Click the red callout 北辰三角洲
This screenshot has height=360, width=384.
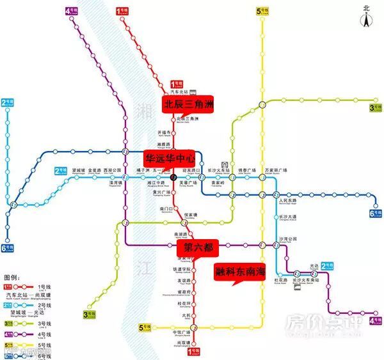point(189,103)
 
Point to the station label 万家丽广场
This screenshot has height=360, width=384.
point(276,171)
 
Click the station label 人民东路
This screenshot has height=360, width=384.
point(289,201)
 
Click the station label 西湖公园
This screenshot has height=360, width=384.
point(112,171)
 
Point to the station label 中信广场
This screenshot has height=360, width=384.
point(182,333)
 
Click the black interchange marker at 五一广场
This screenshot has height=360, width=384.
point(173,176)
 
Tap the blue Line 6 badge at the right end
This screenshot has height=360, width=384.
point(374,214)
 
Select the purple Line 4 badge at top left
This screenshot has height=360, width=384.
point(72,11)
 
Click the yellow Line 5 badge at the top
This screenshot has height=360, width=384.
point(262,11)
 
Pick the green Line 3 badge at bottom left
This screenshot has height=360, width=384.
point(89,314)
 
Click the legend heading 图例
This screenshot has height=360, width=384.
point(12,279)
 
